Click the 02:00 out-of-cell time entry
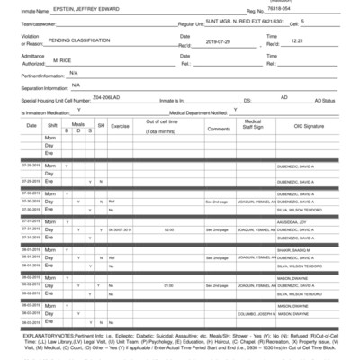168,228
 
